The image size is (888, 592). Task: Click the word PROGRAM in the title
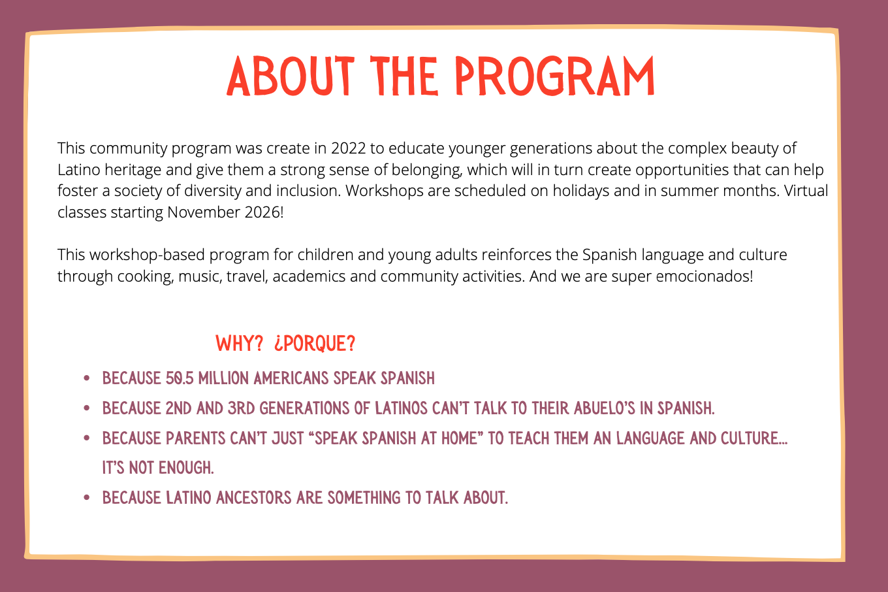pyautogui.click(x=554, y=77)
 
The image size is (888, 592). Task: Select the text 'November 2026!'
pyautogui.click(x=225, y=212)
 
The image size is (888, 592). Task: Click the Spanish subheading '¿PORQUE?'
pyautogui.click(x=314, y=343)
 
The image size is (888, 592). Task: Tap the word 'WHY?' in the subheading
pyautogui.click(x=239, y=343)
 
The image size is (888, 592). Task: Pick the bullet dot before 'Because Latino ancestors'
pyautogui.click(x=87, y=499)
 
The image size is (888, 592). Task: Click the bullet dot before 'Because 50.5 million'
pyautogui.click(x=87, y=379)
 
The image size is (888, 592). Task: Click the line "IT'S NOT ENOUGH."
pyautogui.click(x=158, y=468)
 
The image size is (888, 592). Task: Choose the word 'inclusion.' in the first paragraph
pyautogui.click(x=308, y=191)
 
